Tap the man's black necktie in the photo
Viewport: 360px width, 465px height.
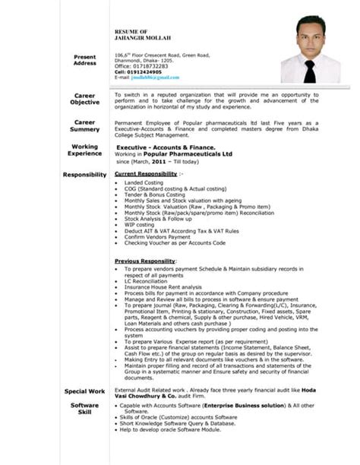tap(309, 71)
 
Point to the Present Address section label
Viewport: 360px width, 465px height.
tap(84, 60)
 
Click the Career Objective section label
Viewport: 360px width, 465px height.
tap(84, 99)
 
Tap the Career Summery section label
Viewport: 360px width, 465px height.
tap(84, 126)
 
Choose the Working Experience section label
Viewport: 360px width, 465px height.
tap(84, 150)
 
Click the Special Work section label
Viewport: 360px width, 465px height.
tap(84, 391)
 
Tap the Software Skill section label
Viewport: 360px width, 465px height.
tap(84, 410)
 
